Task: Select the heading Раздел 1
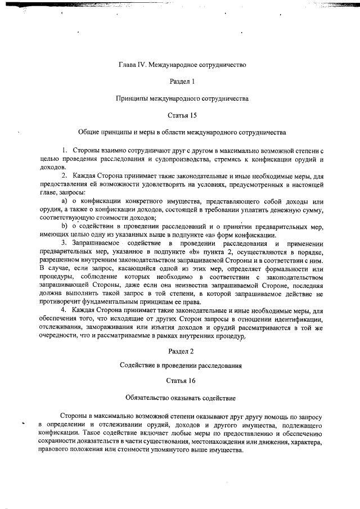[x=182, y=81]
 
